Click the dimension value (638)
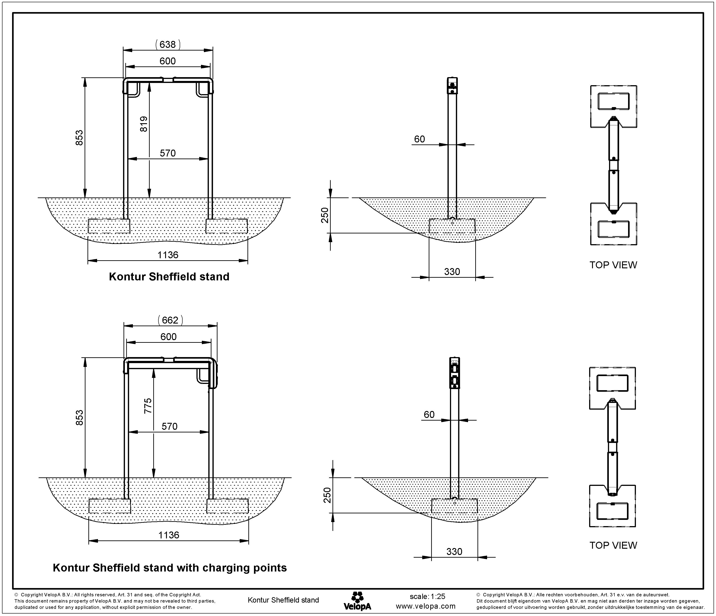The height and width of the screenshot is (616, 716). click(168, 44)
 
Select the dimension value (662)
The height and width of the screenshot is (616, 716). click(170, 320)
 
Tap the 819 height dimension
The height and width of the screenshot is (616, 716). click(144, 124)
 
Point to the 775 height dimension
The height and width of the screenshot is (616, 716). click(148, 406)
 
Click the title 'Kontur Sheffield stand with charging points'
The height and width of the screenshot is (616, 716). click(170, 568)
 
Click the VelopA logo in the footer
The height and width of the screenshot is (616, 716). click(357, 601)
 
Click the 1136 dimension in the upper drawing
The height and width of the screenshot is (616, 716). click(168, 255)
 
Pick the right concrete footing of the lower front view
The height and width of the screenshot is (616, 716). click(227, 506)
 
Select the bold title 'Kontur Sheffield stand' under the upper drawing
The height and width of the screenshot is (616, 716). click(169, 277)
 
